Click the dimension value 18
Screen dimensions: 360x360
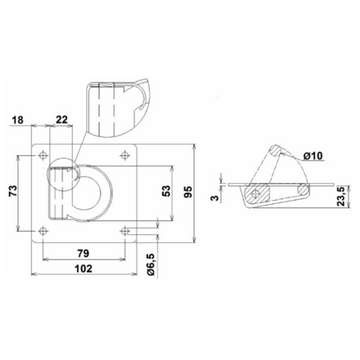18,120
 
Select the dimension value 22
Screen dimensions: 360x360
62,120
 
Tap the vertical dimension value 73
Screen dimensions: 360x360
13,190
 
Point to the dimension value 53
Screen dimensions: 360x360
166,191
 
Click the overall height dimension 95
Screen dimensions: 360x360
188,192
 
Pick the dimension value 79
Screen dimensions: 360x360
83,253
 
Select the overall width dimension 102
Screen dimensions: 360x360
83,269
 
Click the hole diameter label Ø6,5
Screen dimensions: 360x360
150,265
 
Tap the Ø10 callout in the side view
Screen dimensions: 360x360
313,155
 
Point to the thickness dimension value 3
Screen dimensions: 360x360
215,198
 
